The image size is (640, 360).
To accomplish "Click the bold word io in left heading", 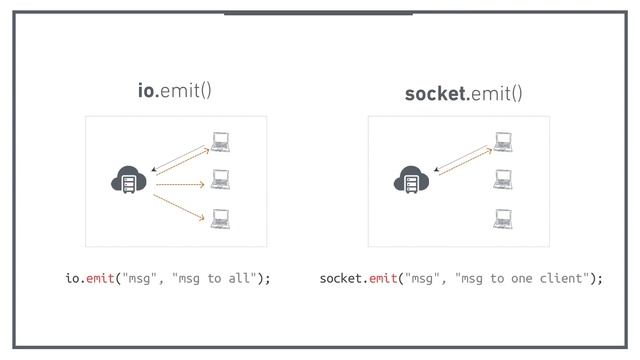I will [147, 92].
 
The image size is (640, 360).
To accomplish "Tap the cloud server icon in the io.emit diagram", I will [129, 182].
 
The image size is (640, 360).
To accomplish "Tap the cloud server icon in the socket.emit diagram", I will [411, 181].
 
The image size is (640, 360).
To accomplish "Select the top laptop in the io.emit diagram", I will [221, 142].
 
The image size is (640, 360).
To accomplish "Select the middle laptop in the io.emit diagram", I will [221, 180].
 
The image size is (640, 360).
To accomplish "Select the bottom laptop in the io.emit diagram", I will [221, 218].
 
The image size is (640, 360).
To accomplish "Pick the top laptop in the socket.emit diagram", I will [503, 142].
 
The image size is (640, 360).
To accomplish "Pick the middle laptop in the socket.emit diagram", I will [503, 180].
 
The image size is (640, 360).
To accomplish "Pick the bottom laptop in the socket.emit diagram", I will [503, 218].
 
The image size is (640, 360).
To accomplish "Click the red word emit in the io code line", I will [101, 278].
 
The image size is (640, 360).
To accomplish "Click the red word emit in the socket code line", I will [384, 278].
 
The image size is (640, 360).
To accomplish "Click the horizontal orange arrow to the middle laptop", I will [180, 185].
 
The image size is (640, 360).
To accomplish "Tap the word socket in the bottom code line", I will [341, 278].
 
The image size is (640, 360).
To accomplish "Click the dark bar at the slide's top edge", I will [318, 13].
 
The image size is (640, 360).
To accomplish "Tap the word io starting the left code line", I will [72, 278].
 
